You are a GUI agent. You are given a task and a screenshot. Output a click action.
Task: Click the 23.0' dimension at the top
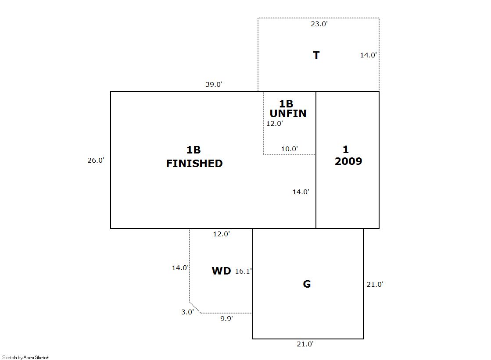(x=319, y=24)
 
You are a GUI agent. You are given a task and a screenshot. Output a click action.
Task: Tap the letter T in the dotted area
(x=316, y=55)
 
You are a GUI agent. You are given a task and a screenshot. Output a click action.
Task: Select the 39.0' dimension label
(x=214, y=85)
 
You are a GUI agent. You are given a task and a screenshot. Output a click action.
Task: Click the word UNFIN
(x=288, y=113)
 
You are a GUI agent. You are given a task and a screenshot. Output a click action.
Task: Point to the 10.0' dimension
(x=289, y=149)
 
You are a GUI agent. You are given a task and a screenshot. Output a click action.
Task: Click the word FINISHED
(x=194, y=164)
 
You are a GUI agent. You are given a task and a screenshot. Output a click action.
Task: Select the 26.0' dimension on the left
(x=96, y=160)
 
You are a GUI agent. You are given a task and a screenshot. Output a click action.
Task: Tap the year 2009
(x=348, y=161)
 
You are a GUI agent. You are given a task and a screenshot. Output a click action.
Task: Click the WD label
(x=222, y=271)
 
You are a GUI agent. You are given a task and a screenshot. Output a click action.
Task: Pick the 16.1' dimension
(x=244, y=271)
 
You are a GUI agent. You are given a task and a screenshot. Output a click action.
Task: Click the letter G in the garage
(x=307, y=284)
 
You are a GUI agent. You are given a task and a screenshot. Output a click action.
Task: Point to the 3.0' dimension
(x=187, y=312)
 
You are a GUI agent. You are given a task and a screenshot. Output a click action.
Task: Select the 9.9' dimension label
(x=226, y=319)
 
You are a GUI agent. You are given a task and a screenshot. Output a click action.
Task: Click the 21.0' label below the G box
(x=305, y=344)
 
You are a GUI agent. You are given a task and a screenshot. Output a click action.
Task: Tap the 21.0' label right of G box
(x=375, y=285)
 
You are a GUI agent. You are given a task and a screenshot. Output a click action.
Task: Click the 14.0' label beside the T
(x=368, y=55)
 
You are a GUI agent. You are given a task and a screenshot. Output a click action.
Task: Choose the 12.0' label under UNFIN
(x=275, y=124)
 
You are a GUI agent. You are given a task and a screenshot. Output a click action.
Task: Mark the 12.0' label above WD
(x=222, y=234)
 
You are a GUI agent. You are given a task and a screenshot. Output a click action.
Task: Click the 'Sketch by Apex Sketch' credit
(x=26, y=357)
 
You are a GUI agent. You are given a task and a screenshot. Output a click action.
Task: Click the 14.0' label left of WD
(x=180, y=268)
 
